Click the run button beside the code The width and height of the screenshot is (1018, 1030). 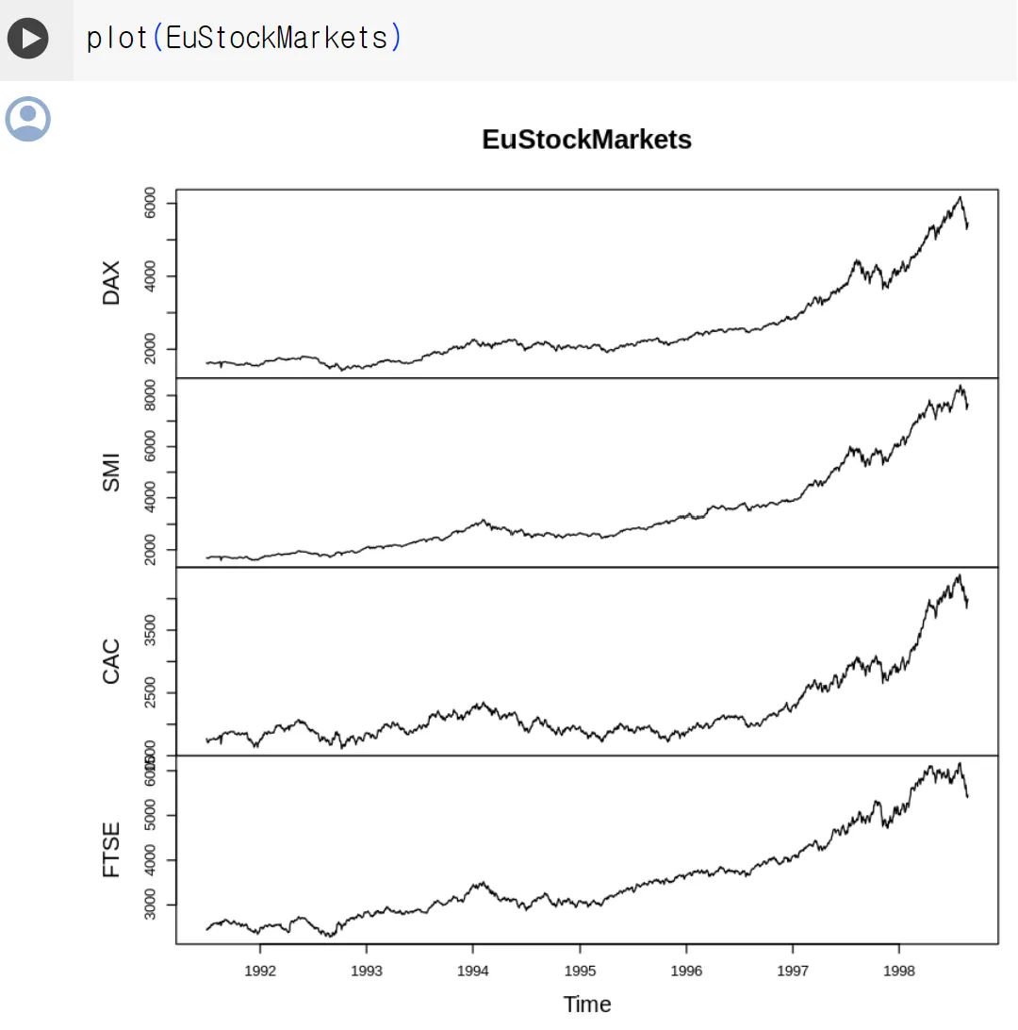click(28, 39)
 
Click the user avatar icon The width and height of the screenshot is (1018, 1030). click(28, 119)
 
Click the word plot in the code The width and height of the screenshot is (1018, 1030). click(117, 38)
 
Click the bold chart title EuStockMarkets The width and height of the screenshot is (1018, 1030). click(586, 140)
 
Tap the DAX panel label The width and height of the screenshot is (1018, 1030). click(111, 283)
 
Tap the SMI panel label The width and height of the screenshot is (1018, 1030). click(111, 472)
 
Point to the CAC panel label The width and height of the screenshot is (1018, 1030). click(111, 660)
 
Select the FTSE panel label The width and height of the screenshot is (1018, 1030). click(111, 850)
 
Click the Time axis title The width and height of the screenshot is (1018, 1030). click(586, 1005)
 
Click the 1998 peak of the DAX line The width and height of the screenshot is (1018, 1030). click(960, 197)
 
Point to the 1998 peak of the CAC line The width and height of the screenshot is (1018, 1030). click(959, 575)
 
